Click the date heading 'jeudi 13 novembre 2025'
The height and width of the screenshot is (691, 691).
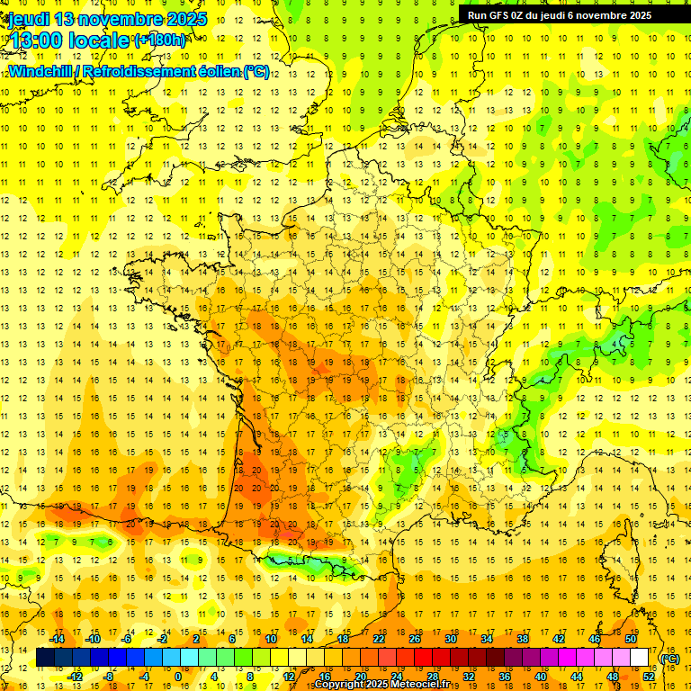107,19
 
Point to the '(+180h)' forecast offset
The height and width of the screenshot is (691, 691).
160,40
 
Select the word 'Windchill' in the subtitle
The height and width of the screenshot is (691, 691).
42,72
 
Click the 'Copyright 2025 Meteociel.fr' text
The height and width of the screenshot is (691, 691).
381,685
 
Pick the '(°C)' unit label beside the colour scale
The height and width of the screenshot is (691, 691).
669,659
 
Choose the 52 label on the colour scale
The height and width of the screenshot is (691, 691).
649,677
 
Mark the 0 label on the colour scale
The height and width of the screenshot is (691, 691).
177,677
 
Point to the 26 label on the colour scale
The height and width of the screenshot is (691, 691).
415,639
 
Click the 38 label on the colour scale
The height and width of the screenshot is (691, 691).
523,639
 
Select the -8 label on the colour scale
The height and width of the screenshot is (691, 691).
109,677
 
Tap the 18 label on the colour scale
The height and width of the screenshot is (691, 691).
343,639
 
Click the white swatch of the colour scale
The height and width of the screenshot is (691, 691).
640,658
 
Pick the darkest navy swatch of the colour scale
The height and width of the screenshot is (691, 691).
46,658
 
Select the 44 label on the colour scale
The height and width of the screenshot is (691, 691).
577,677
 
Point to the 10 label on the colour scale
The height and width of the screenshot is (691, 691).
271,639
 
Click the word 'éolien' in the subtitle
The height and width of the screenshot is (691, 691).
215,72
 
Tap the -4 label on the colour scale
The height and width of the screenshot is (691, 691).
144,677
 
